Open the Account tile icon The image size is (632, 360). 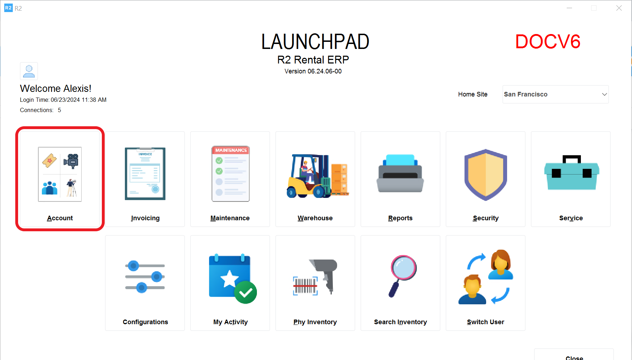pyautogui.click(x=60, y=174)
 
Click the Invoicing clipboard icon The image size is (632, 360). pyautogui.click(x=145, y=174)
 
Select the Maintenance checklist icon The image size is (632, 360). pyautogui.click(x=231, y=174)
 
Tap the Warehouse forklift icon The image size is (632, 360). pyautogui.click(x=318, y=176)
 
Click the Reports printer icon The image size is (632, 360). pyautogui.click(x=400, y=173)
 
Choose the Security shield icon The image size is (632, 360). pyautogui.click(x=486, y=175)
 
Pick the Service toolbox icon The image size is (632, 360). pyautogui.click(x=572, y=172)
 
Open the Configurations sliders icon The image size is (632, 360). pyautogui.click(x=145, y=277)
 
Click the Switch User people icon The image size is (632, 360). pyautogui.click(x=485, y=277)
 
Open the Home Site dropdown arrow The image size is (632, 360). pyautogui.click(x=604, y=94)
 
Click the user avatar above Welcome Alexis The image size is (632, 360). pyautogui.click(x=29, y=71)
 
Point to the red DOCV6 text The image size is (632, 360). pyautogui.click(x=548, y=41)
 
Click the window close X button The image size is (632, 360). pyautogui.click(x=619, y=8)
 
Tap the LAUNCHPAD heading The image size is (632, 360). pyautogui.click(x=315, y=41)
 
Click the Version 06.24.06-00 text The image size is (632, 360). pyautogui.click(x=313, y=71)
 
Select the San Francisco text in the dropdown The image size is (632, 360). pyautogui.click(x=526, y=94)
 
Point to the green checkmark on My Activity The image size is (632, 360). pyautogui.click(x=246, y=293)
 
